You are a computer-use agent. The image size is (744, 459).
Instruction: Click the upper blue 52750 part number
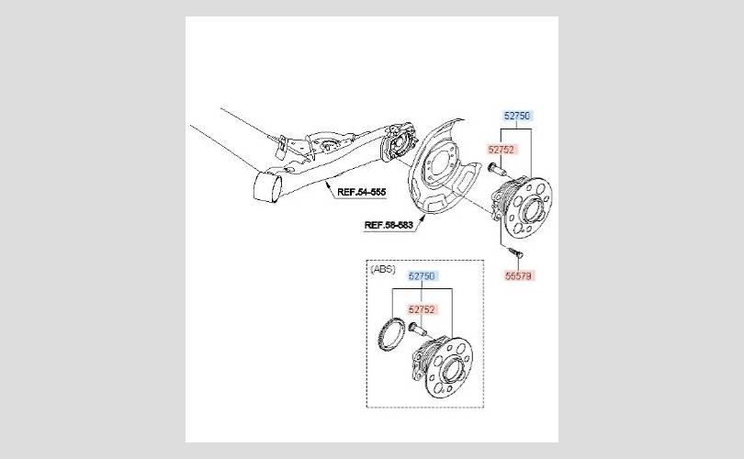click(517, 117)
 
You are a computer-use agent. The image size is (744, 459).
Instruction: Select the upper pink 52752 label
click(501, 148)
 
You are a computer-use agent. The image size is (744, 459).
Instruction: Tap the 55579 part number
click(518, 274)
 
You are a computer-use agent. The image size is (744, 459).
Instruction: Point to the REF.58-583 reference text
click(389, 225)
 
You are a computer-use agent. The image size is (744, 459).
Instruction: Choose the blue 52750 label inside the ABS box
click(422, 275)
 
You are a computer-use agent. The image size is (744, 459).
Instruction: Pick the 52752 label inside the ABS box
click(422, 309)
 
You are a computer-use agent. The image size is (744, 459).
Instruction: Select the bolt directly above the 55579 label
click(510, 251)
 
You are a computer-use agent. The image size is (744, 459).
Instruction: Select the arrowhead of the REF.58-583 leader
click(425, 214)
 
